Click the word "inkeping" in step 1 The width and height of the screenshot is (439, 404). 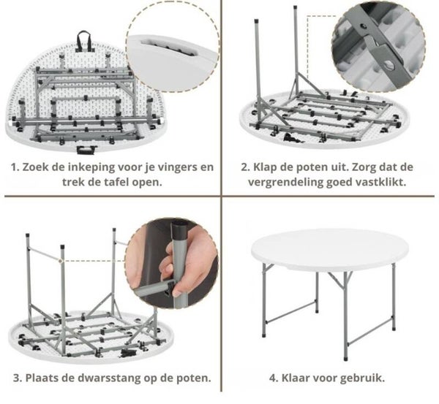coord(92,167)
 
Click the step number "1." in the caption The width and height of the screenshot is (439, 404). coord(15,167)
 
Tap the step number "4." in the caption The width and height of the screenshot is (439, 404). coord(274,378)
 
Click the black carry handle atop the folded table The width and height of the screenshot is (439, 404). coord(84,41)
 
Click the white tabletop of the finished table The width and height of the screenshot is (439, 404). coord(329,249)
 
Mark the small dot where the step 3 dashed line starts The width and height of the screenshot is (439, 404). coord(60,261)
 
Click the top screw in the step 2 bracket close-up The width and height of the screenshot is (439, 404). coord(363,26)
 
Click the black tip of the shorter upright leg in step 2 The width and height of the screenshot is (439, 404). coord(256,21)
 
